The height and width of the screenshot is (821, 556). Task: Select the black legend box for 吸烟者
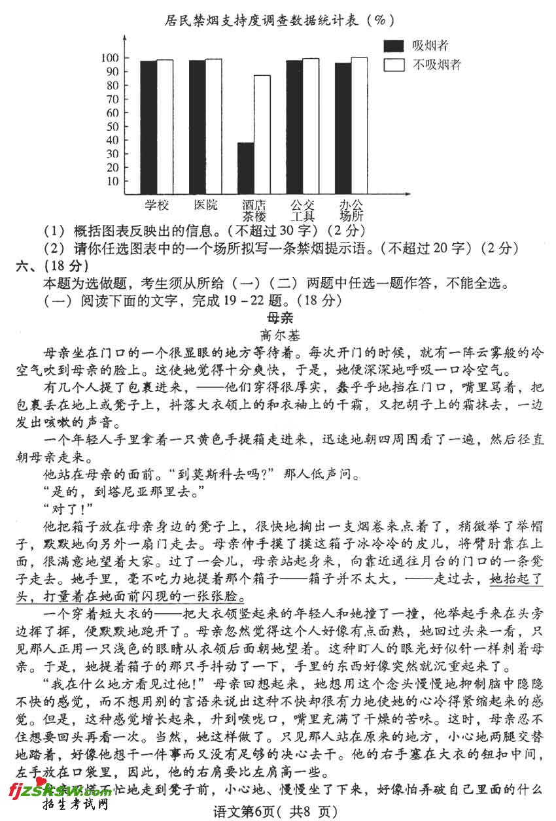point(393,45)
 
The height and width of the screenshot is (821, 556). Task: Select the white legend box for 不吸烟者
point(393,64)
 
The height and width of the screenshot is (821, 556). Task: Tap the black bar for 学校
point(148,127)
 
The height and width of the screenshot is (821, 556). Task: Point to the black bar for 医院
point(197,127)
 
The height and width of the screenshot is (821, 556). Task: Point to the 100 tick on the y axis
point(110,58)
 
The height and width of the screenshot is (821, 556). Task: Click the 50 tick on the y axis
point(113,126)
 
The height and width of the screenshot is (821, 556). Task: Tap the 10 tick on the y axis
point(113,181)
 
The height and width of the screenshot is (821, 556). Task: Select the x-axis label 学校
point(157,205)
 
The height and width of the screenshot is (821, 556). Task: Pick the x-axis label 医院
point(205,205)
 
